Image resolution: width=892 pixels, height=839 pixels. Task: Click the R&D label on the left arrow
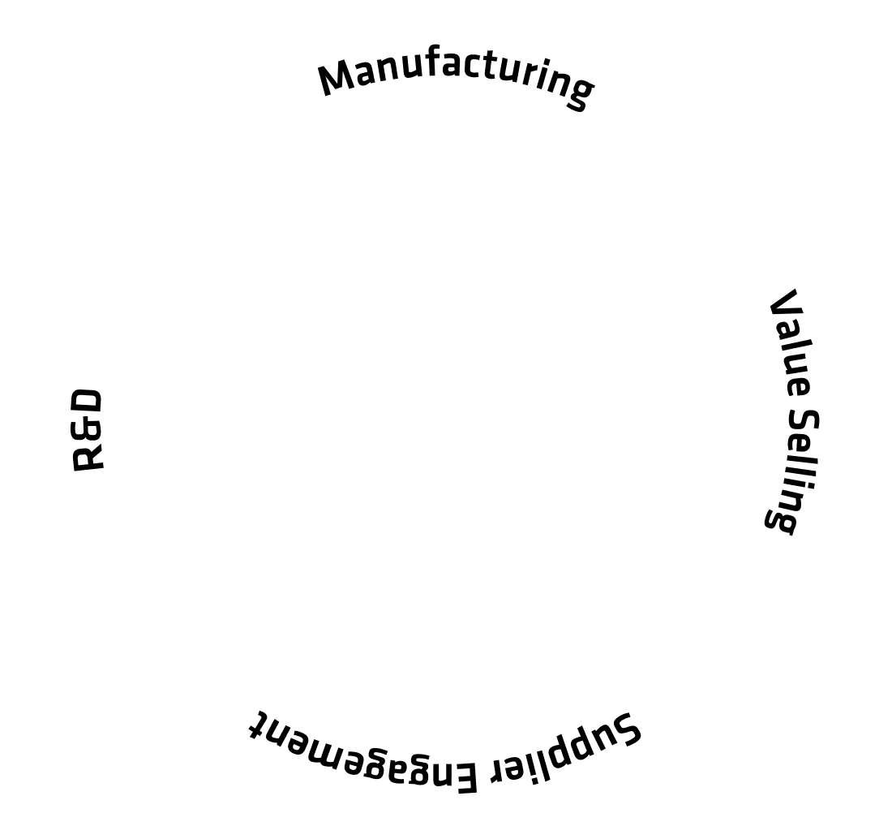(88, 430)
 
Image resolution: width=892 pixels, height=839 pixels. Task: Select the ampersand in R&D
(88, 430)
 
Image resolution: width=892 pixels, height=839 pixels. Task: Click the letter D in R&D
(87, 402)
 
